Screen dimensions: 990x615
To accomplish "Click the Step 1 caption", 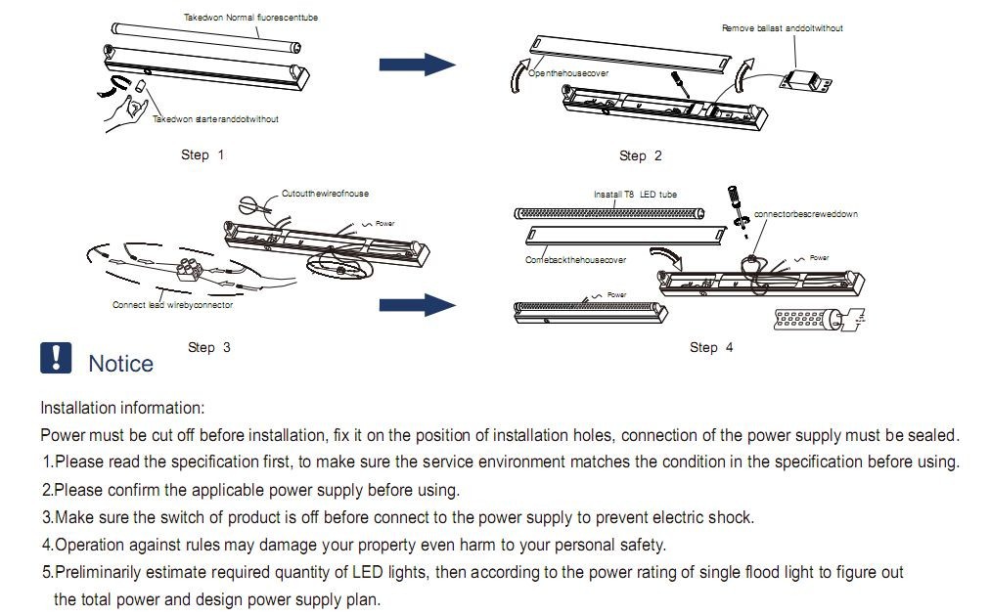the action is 202,154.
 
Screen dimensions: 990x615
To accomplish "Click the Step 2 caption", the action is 640,155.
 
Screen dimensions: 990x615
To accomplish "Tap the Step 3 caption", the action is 209,347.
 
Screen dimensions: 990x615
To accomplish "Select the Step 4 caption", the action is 711,347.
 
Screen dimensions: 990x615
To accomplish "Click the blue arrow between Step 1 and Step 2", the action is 418,65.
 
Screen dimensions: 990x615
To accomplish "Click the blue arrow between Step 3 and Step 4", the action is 418,305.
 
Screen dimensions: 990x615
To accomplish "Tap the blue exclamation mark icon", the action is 56,358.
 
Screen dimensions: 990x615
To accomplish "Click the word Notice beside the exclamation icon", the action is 120,364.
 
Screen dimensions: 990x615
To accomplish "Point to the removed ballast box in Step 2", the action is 806,81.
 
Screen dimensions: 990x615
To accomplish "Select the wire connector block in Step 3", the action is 190,269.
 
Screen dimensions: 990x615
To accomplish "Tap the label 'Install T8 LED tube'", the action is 635,195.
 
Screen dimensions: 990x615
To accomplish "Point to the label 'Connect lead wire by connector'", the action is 172,305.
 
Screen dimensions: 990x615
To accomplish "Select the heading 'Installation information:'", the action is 122,408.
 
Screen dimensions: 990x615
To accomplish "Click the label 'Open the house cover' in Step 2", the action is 568,73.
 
